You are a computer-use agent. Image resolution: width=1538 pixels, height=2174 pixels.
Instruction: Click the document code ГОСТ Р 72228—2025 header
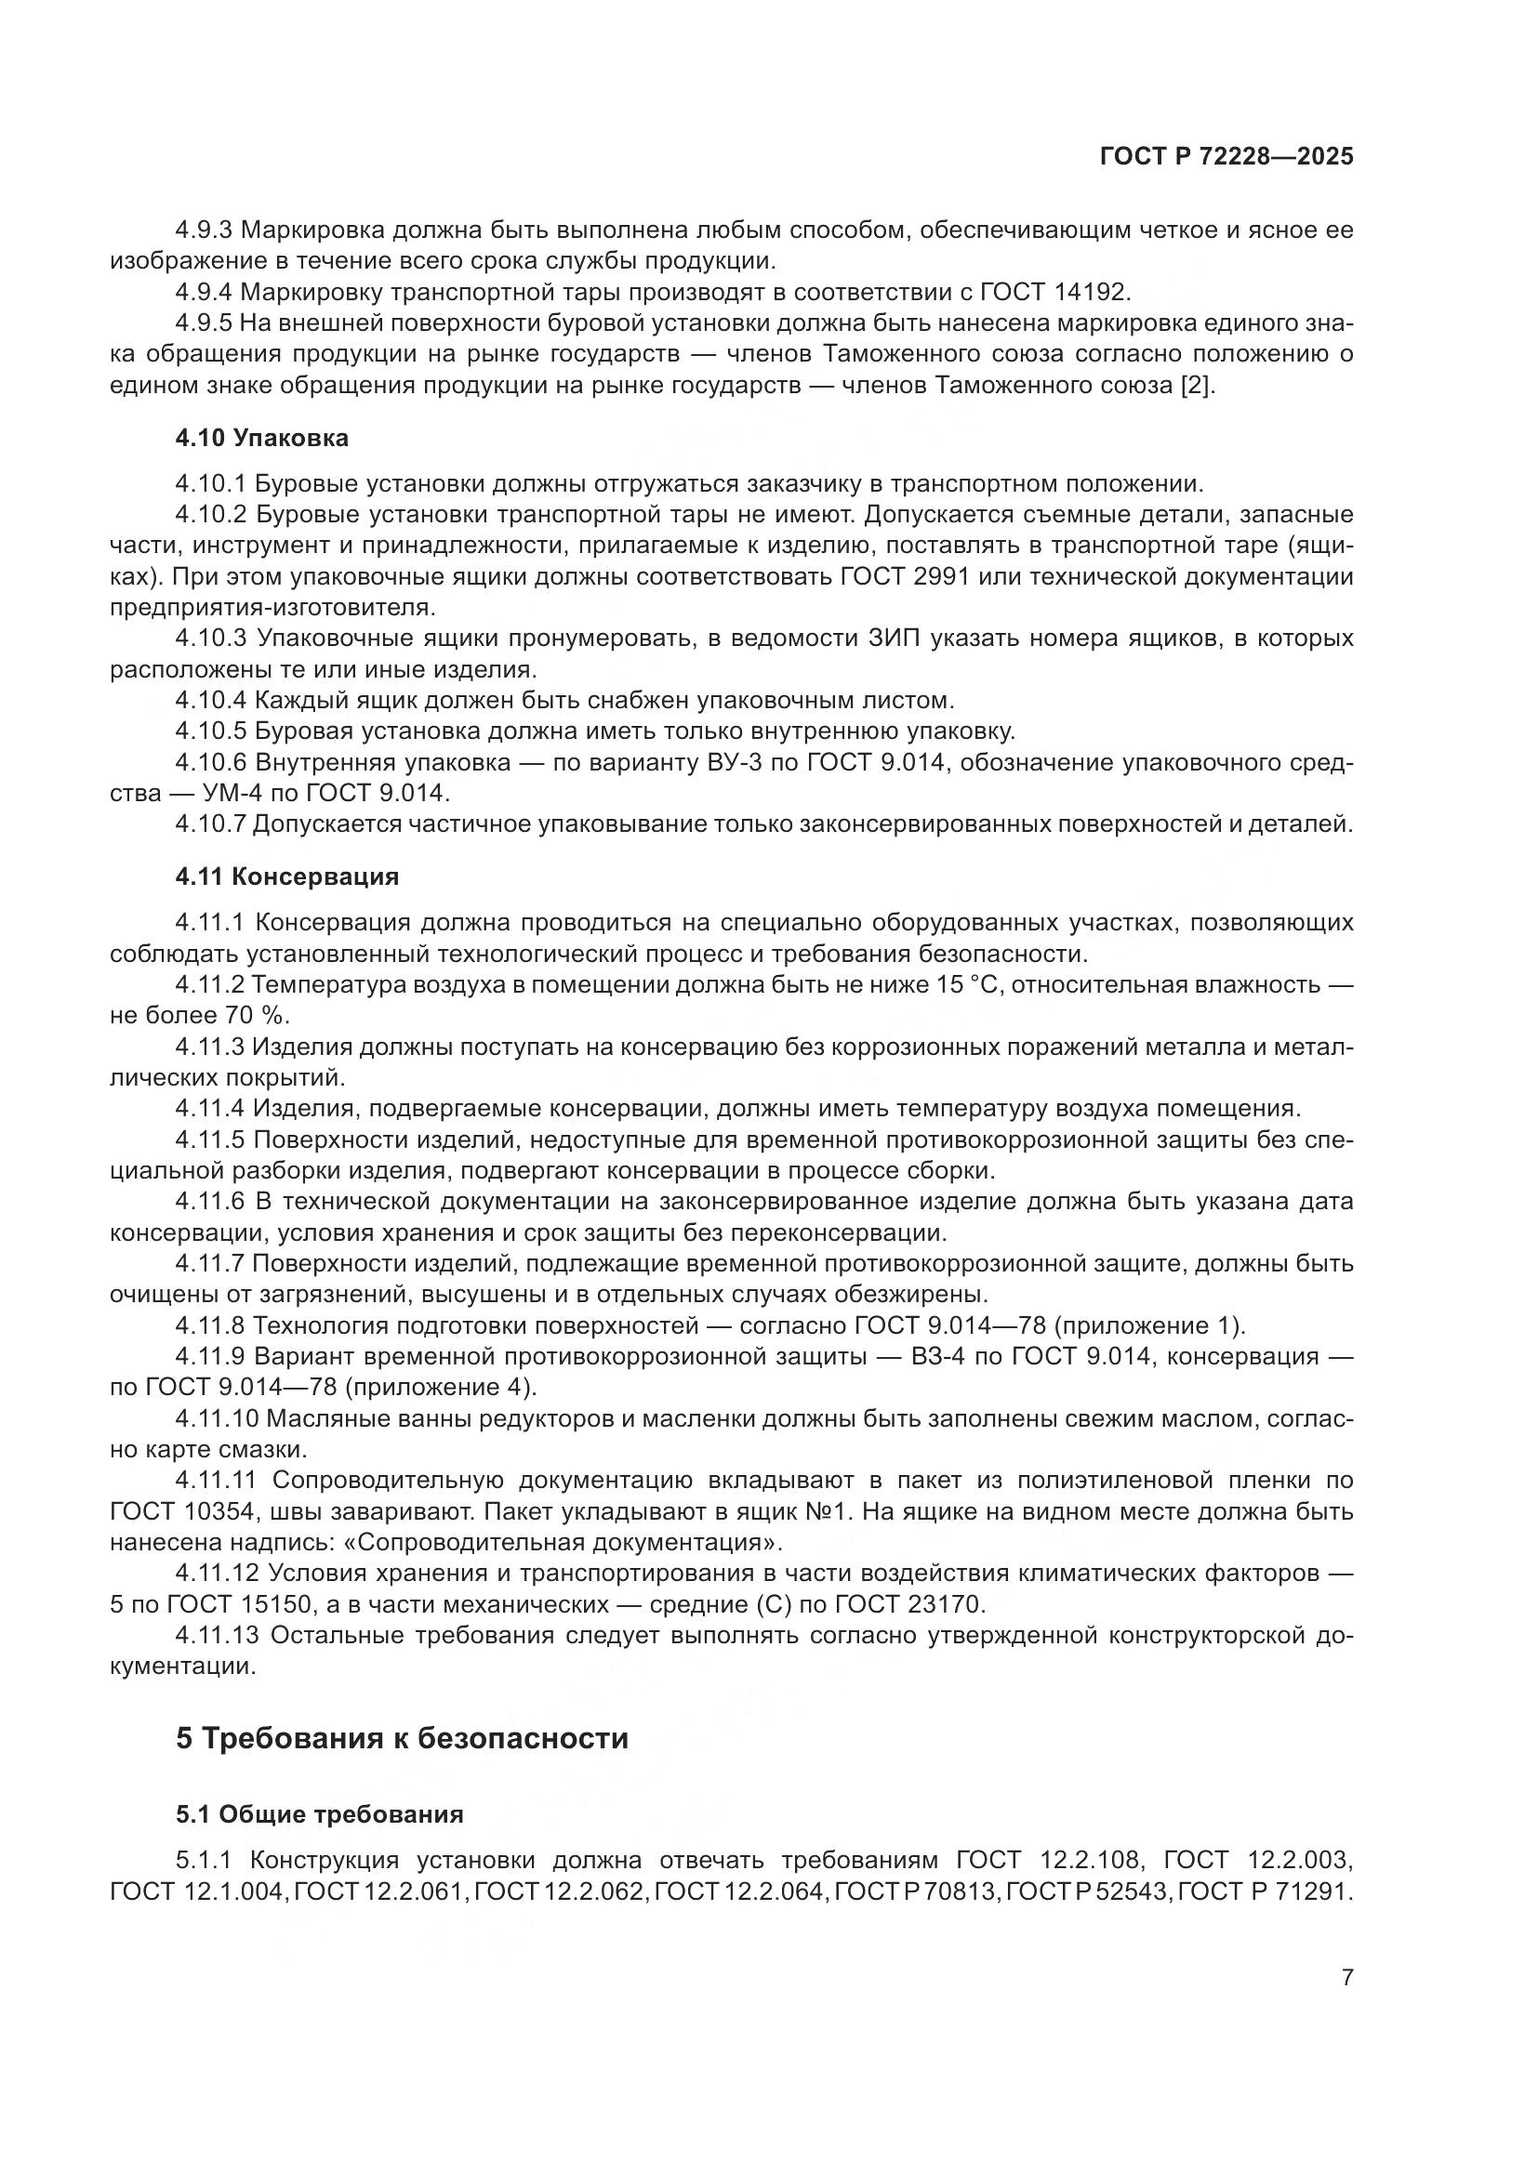tap(1226, 157)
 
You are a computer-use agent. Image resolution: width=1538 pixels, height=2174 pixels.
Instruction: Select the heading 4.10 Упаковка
tap(262, 439)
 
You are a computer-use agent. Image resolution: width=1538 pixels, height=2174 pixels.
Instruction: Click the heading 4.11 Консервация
tap(287, 876)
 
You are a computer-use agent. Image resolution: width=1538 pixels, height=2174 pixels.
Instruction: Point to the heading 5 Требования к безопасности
tap(403, 1738)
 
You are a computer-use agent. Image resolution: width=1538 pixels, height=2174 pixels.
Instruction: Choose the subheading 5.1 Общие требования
tap(320, 1814)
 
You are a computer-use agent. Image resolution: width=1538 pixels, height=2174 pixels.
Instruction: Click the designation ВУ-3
tap(734, 762)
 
